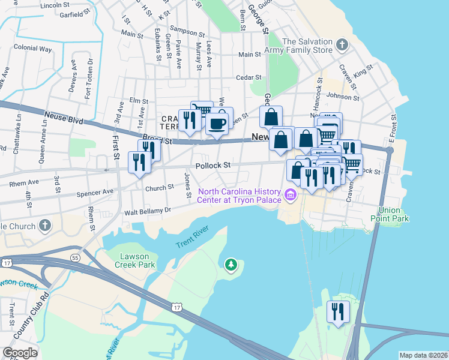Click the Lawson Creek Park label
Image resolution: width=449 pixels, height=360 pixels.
(135, 260)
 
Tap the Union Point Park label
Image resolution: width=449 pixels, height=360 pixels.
(394, 214)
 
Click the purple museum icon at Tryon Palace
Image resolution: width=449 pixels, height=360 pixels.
(291, 194)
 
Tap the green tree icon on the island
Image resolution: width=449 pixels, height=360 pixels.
(231, 265)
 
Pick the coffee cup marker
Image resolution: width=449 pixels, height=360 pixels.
(217, 124)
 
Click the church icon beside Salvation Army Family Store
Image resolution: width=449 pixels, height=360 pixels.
(342, 45)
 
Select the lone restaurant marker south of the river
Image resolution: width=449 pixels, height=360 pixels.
(337, 312)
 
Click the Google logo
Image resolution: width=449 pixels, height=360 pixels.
(20, 353)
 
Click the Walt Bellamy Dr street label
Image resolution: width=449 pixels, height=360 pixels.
(148, 211)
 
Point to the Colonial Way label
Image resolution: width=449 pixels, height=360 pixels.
(33, 48)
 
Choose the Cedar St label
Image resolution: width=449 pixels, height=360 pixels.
(249, 77)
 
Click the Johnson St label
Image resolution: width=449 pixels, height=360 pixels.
(343, 96)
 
